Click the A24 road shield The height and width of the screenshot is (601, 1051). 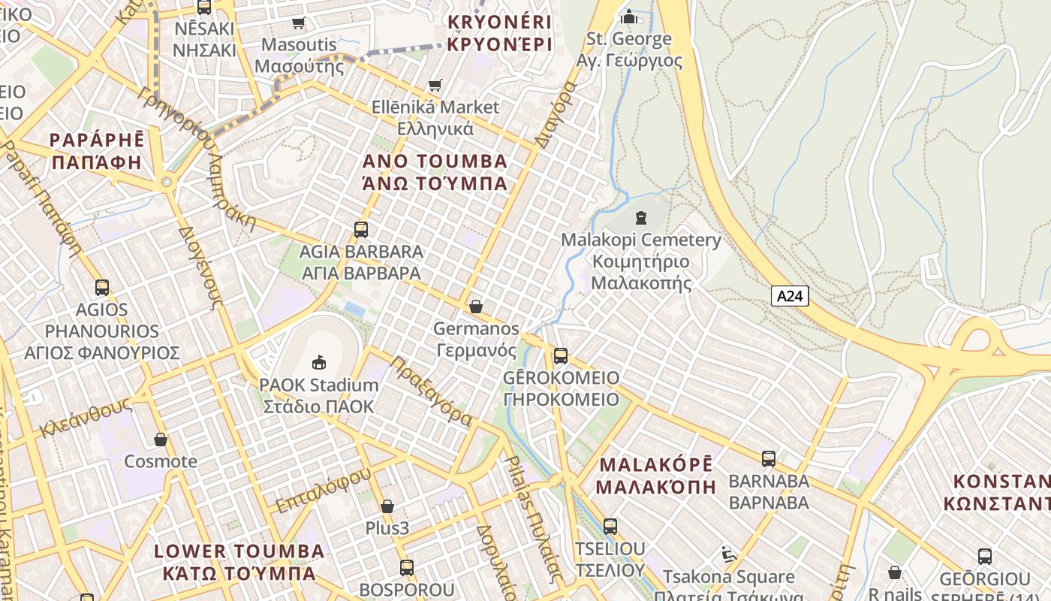coord(790,296)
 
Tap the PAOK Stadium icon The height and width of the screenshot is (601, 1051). coord(319,362)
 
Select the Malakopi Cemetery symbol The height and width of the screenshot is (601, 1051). coord(640,218)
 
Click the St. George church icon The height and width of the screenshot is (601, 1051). coord(628,16)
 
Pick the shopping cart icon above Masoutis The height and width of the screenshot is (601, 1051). coord(299,23)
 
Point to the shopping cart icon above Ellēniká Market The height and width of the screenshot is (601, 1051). coord(435,85)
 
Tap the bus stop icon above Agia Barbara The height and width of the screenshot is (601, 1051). coord(361,229)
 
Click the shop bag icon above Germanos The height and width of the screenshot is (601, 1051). coord(475,307)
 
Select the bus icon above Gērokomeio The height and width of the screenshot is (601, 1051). coord(560,355)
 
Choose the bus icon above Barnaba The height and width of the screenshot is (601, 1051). coord(768,458)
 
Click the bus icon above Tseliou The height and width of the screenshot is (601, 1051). coord(610,526)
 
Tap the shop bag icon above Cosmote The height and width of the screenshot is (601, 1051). coord(160,439)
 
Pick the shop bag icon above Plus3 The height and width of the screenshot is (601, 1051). coord(387,506)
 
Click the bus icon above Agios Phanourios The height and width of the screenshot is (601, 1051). coord(102,287)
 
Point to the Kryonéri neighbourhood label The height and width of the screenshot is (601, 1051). coord(499,33)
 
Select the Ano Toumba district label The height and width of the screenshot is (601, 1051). coord(435,172)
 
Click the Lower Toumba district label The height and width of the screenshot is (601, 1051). coord(239,562)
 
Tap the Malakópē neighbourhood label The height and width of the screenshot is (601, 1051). coord(656,475)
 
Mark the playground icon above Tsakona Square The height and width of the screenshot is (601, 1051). coord(727,554)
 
